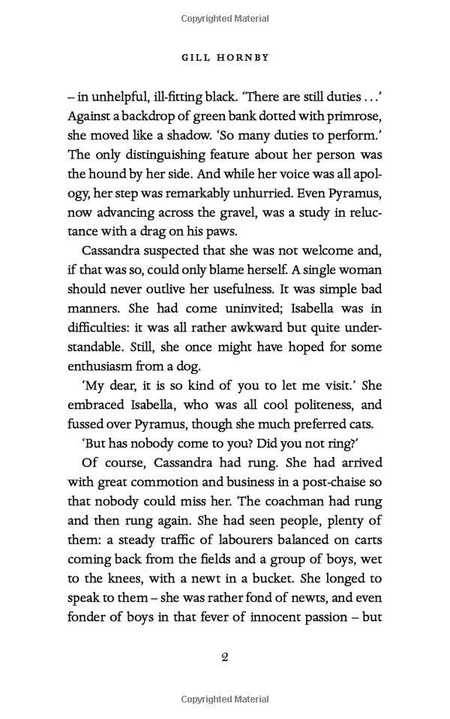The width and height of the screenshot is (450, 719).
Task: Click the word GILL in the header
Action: tap(199, 56)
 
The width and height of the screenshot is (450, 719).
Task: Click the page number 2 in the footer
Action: tap(224, 657)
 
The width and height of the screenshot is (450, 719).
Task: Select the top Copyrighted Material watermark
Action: tap(225, 17)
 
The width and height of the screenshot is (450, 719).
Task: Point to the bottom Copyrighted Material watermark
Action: tap(225, 699)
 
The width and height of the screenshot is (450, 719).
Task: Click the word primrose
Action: tap(351, 116)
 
